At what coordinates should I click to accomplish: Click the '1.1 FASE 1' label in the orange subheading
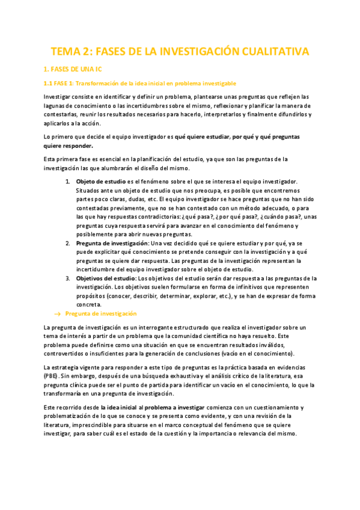click(x=60, y=83)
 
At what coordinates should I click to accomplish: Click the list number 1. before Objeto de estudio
click(x=67, y=181)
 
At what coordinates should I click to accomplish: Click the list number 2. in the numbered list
click(x=67, y=243)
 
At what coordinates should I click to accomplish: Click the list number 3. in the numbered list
click(x=67, y=278)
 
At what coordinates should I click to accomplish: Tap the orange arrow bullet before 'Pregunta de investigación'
click(x=58, y=314)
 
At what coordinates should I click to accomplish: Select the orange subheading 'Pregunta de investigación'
click(x=101, y=314)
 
